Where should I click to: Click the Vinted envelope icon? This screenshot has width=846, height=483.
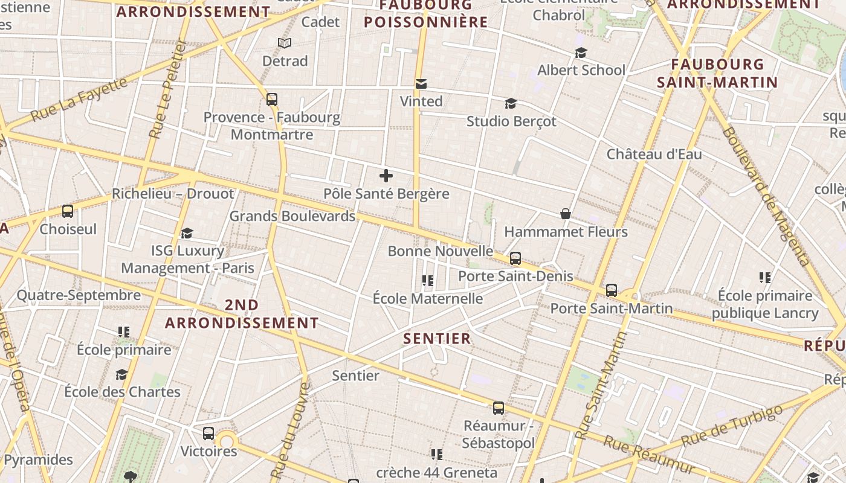(x=421, y=84)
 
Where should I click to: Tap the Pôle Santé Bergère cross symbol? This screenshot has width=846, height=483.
(x=386, y=176)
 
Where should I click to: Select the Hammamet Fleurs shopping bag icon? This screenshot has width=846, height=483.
(x=566, y=214)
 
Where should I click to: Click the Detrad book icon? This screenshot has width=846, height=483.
(x=285, y=43)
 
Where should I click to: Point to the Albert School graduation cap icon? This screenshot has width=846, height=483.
(x=581, y=53)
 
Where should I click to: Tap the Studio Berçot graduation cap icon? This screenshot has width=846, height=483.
(x=511, y=103)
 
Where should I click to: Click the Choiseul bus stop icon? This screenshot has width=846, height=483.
(x=68, y=211)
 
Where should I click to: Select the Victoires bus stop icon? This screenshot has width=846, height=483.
(x=208, y=433)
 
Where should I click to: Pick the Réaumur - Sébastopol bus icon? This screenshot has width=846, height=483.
(x=499, y=408)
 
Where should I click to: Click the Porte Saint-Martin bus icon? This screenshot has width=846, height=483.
(x=612, y=290)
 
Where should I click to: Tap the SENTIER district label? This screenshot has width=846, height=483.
(x=437, y=339)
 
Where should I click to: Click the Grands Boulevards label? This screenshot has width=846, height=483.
(x=292, y=216)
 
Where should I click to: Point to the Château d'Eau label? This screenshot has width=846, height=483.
(x=654, y=154)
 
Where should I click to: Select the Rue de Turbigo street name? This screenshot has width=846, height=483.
(x=731, y=426)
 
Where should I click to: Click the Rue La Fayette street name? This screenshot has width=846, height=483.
(x=79, y=98)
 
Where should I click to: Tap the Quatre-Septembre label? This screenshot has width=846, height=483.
(x=79, y=295)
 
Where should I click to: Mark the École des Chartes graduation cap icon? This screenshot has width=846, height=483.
(x=122, y=374)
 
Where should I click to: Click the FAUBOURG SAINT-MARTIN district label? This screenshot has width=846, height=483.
(x=717, y=73)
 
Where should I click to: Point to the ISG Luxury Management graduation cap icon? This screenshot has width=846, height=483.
(x=187, y=233)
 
